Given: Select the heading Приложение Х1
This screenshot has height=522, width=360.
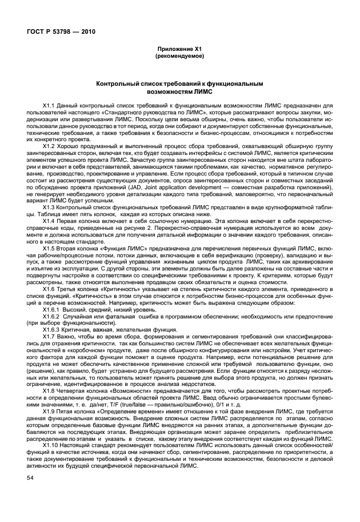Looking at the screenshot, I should [179, 50].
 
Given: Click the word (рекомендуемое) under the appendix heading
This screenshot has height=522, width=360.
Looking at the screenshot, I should [179, 57].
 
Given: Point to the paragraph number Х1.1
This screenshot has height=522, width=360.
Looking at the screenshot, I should [51, 105].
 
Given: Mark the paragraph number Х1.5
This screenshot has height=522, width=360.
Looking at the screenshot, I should [51, 249].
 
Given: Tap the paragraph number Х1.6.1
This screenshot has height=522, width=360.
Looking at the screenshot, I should [55, 308].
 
